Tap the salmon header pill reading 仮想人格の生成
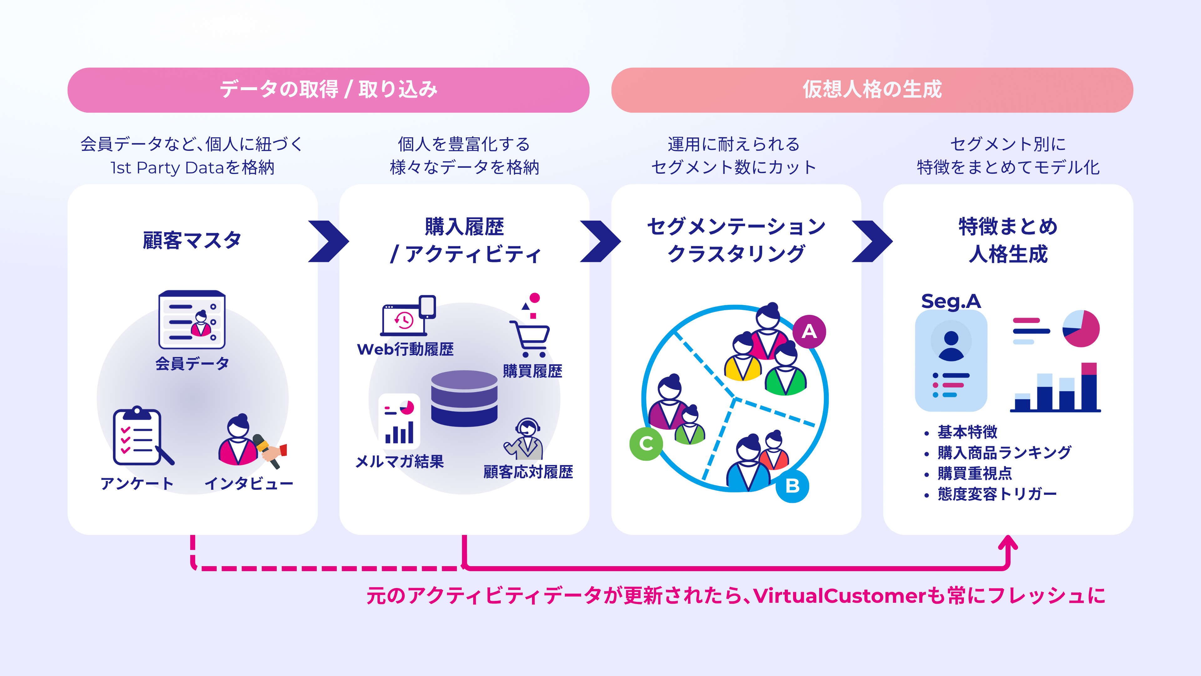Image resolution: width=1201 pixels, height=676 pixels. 872,90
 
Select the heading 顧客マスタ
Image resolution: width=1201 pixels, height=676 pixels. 192,241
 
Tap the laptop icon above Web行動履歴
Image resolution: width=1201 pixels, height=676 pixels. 405,320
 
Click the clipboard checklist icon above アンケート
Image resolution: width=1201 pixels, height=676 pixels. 138,437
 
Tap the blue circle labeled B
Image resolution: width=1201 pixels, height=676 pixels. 792,486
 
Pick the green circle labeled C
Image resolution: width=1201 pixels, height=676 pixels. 646,444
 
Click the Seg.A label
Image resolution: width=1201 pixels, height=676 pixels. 951,301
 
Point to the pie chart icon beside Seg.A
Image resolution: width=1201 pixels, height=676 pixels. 1081,328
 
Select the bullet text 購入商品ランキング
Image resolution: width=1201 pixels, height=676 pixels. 1004,453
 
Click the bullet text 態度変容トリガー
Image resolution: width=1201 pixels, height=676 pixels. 997,494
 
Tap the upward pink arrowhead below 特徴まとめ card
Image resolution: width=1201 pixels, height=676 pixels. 1008,544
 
